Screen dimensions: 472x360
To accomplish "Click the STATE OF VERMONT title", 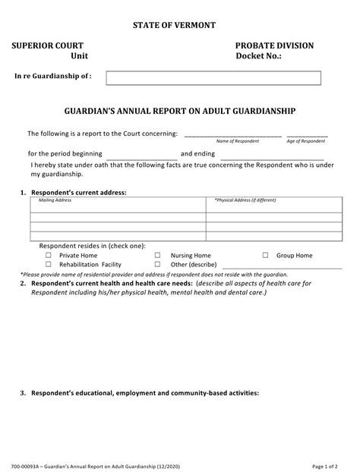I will pos(180,25).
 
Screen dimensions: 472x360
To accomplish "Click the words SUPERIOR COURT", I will pos(47,46).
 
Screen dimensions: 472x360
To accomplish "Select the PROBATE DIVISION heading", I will pos(274,46).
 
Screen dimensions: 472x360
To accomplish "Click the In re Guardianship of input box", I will pos(213,77).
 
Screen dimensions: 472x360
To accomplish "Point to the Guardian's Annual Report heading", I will pos(179,110).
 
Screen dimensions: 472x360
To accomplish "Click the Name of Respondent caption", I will pos(232,141).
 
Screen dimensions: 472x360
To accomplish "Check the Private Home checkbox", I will pos(49,256).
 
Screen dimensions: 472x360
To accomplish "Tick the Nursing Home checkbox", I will pos(158,256).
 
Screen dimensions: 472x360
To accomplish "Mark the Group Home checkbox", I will pos(266,256).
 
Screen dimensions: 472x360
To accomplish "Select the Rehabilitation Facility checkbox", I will pos(49,265).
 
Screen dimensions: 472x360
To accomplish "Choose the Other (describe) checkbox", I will pos(158,265).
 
